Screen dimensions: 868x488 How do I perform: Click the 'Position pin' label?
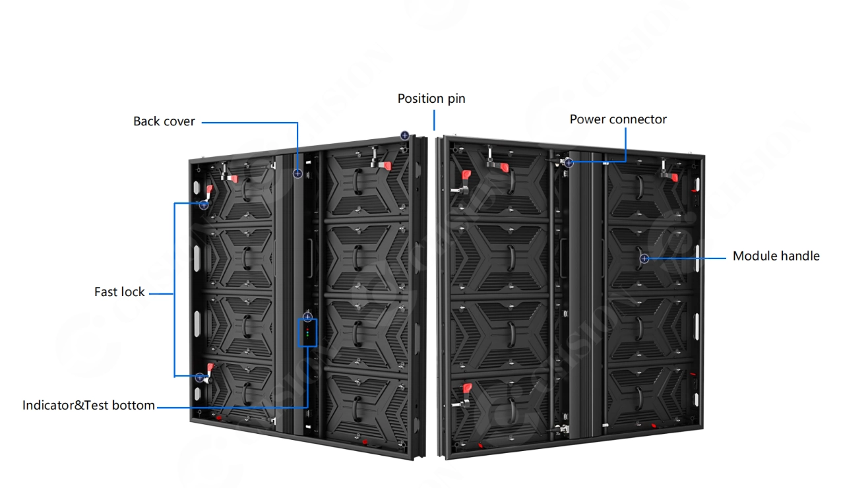[x=431, y=99]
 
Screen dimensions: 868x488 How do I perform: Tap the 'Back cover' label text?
[x=164, y=121]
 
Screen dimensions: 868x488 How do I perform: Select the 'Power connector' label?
[x=618, y=119]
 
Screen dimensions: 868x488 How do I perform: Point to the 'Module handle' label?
[x=776, y=256]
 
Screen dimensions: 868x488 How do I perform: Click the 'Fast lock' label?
[x=119, y=292]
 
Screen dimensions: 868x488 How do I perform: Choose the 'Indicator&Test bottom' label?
[x=88, y=406]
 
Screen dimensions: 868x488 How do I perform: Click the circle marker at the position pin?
[x=404, y=135]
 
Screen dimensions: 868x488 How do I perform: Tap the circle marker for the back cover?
[x=297, y=173]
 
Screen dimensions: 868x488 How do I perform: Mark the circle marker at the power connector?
[x=569, y=163]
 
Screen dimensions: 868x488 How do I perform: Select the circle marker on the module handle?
[x=644, y=259]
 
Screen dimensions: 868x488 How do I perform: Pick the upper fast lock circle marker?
[x=204, y=205]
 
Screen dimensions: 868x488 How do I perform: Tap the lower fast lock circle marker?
[x=200, y=377]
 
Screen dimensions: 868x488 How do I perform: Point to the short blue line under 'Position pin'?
[x=434, y=120]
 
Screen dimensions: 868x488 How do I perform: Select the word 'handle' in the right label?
[x=800, y=256]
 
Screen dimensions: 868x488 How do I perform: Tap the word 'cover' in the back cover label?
[x=179, y=121]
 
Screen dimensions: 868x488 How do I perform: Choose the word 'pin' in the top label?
[x=456, y=99]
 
